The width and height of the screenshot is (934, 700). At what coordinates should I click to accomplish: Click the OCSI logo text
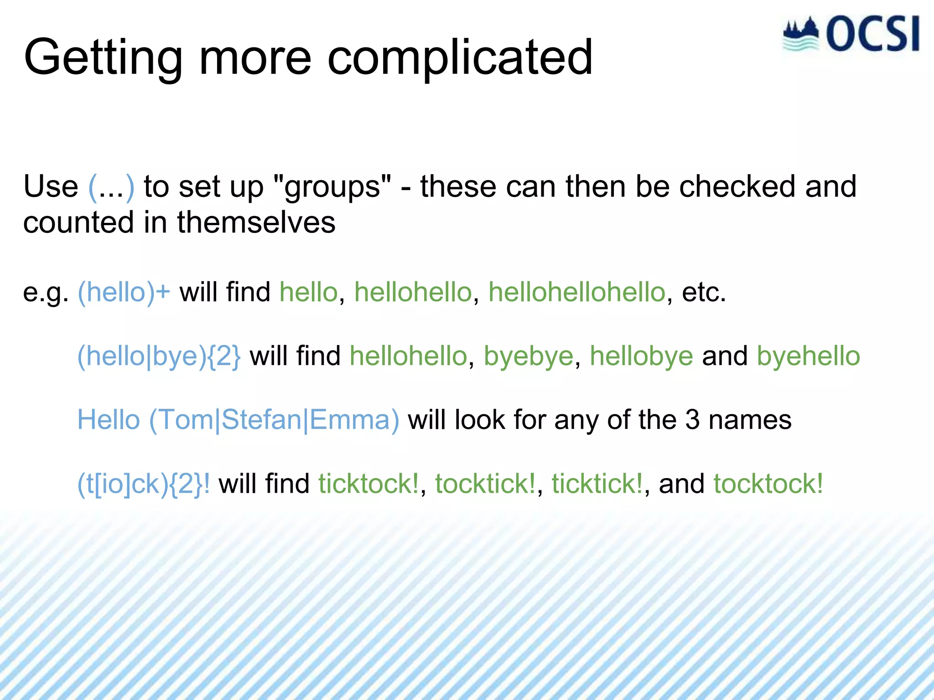click(872, 34)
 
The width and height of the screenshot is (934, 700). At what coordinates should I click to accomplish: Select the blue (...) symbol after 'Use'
click(111, 187)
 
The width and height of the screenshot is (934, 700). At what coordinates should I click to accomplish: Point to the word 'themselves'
click(256, 222)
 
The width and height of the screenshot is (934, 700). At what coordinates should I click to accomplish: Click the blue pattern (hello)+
click(124, 292)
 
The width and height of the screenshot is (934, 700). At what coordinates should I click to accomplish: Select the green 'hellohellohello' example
click(576, 292)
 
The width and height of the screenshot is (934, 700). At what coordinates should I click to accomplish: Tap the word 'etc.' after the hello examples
click(703, 292)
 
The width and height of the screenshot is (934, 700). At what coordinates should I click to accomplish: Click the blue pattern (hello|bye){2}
click(159, 356)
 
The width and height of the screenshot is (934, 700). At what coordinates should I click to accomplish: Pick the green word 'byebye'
click(528, 356)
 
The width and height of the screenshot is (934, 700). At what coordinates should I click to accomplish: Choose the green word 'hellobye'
click(641, 356)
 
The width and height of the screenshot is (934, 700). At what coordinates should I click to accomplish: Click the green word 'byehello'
click(808, 356)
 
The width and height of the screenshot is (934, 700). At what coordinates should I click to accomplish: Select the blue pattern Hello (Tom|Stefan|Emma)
click(238, 420)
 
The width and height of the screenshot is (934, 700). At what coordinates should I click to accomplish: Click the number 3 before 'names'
click(692, 420)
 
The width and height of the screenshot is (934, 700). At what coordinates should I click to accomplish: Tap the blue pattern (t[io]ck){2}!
click(144, 484)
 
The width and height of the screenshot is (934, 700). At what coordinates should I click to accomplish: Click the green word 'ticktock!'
click(368, 484)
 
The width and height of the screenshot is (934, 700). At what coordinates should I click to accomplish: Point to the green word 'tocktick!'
click(485, 484)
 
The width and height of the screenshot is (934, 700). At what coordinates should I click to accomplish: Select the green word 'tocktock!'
click(768, 484)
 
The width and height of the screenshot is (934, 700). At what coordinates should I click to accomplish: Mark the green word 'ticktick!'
click(597, 484)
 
